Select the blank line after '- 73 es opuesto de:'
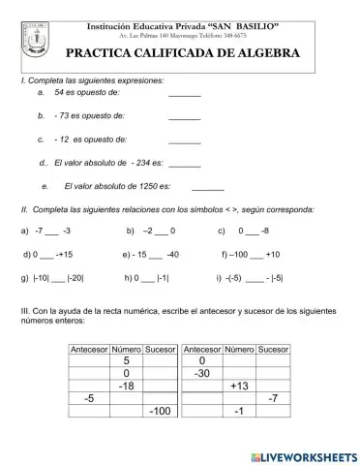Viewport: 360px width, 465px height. click(184, 116)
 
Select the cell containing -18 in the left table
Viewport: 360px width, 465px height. click(126, 386)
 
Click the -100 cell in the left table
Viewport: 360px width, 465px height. click(160, 412)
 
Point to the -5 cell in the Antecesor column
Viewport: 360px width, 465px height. click(90, 398)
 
